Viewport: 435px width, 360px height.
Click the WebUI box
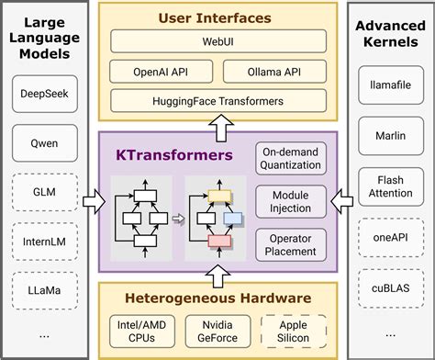coord(218,41)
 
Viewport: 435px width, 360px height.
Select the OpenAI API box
coord(162,71)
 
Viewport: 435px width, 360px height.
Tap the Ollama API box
coord(273,71)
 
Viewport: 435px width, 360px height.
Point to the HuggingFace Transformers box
coord(218,100)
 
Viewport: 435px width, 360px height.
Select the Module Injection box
coord(290,201)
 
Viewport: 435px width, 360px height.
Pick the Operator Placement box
coord(290,243)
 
